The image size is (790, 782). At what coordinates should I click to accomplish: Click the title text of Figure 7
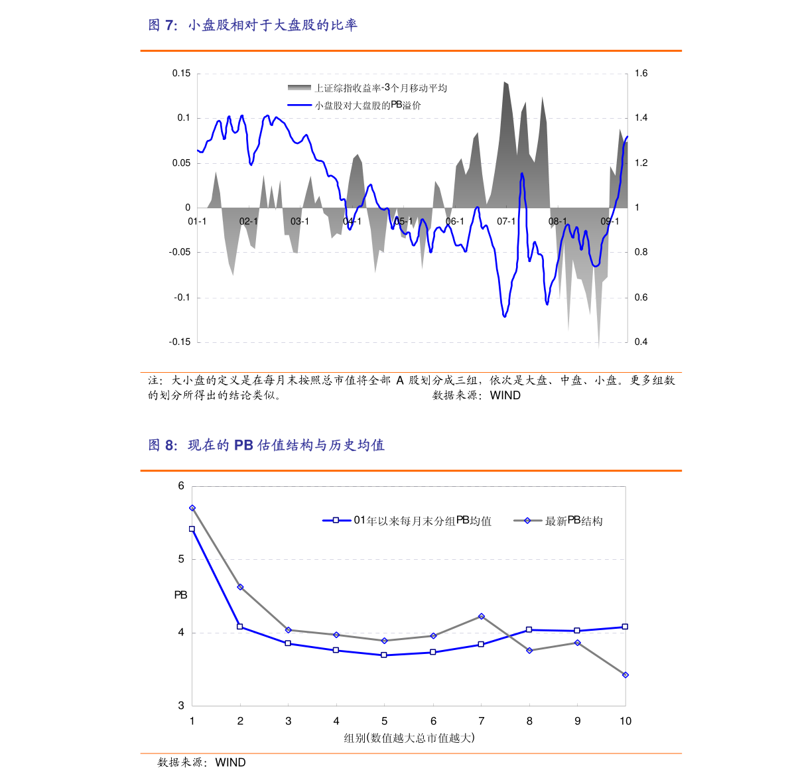[x=253, y=25]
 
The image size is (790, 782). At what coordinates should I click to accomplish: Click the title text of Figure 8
[x=266, y=445]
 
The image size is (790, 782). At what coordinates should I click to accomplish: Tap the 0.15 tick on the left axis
[x=181, y=74]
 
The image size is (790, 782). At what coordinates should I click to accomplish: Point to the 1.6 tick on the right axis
[x=641, y=74]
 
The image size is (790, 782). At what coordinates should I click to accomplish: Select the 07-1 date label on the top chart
[x=506, y=221]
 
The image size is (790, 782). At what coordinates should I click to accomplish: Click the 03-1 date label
[x=300, y=221]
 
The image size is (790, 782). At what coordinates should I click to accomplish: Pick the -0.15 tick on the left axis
[x=180, y=342]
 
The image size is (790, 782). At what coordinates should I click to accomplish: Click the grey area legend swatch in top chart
[x=299, y=88]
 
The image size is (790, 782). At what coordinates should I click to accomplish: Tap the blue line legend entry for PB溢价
[x=367, y=105]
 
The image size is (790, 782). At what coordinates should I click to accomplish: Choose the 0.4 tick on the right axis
[x=641, y=342]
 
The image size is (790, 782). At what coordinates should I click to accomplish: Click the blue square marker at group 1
[x=192, y=529]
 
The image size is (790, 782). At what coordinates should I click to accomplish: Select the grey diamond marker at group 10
[x=625, y=675]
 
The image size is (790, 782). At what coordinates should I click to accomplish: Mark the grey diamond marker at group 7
[x=482, y=617]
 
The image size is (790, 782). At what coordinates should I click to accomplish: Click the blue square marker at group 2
[x=240, y=627]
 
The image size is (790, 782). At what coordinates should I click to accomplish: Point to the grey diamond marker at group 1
[x=192, y=508]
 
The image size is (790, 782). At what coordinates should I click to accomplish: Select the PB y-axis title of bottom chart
[x=180, y=596]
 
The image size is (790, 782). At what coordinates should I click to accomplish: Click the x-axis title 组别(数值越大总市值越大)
[x=409, y=738]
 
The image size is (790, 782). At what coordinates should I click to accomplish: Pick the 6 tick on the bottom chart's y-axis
[x=181, y=486]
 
